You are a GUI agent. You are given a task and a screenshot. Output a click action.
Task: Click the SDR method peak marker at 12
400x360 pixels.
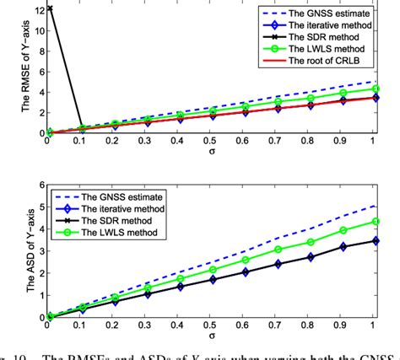coord(50,8)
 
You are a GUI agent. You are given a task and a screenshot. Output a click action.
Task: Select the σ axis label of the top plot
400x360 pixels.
coord(209,155)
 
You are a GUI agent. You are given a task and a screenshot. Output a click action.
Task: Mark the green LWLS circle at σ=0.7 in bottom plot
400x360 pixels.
coord(278,250)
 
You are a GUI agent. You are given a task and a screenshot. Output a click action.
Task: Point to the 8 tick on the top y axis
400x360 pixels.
coord(40,50)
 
